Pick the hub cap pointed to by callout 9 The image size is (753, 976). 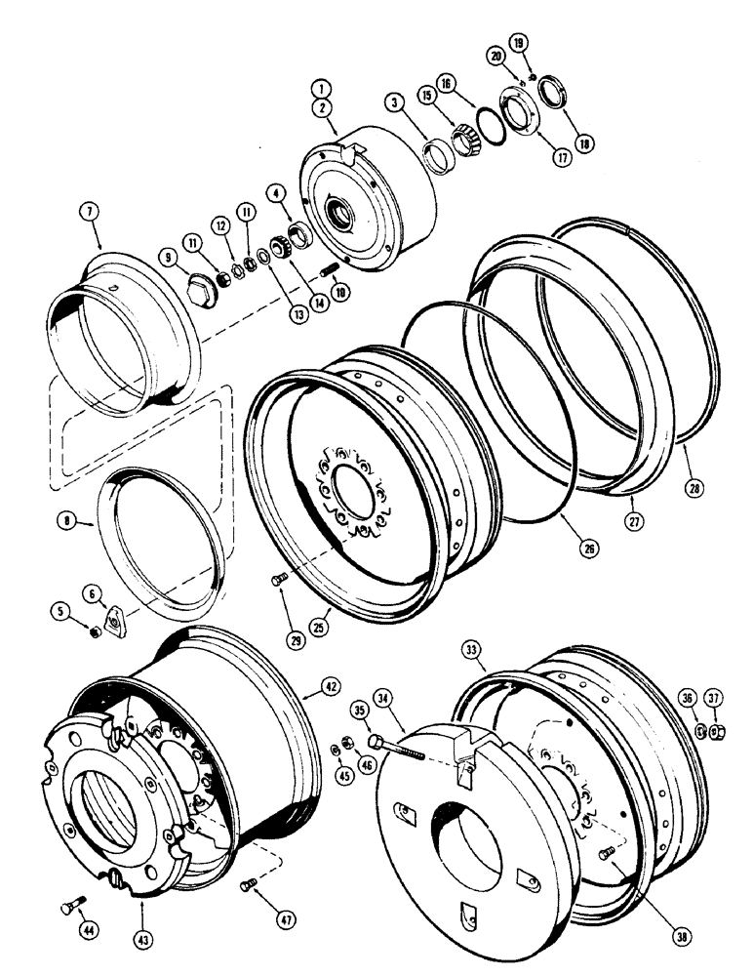tap(201, 288)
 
